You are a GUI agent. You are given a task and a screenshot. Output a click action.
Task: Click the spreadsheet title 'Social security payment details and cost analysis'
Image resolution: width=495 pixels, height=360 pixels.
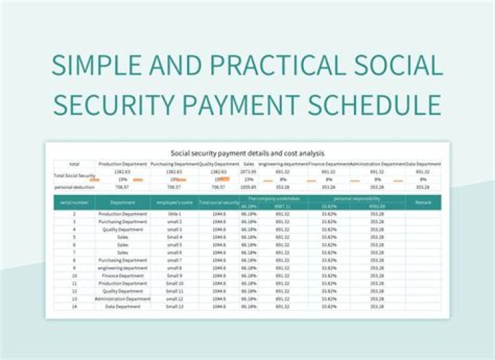pos(247,153)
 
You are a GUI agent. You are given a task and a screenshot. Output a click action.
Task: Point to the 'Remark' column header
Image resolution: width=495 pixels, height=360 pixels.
pos(422,202)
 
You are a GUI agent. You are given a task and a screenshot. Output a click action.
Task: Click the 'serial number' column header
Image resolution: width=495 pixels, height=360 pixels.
pos(74,202)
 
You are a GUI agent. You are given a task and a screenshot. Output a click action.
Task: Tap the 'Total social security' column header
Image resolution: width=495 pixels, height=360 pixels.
pos(219,202)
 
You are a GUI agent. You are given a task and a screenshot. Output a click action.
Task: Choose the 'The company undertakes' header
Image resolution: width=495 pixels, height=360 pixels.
pos(272,199)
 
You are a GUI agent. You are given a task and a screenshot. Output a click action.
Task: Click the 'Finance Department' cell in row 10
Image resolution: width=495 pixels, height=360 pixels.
pos(122,275)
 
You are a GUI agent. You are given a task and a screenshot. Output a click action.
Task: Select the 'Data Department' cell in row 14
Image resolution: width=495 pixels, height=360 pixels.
pos(122,307)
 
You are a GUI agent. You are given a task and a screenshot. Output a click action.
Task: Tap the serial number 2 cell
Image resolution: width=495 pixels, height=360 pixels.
pos(74,214)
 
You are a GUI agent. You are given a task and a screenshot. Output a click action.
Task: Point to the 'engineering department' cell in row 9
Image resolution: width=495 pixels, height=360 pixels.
pos(122,268)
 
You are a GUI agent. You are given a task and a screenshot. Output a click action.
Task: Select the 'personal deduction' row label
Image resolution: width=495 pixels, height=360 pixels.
pos(74,186)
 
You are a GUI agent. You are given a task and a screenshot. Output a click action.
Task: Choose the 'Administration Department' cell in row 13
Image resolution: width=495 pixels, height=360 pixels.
pos(122,299)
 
